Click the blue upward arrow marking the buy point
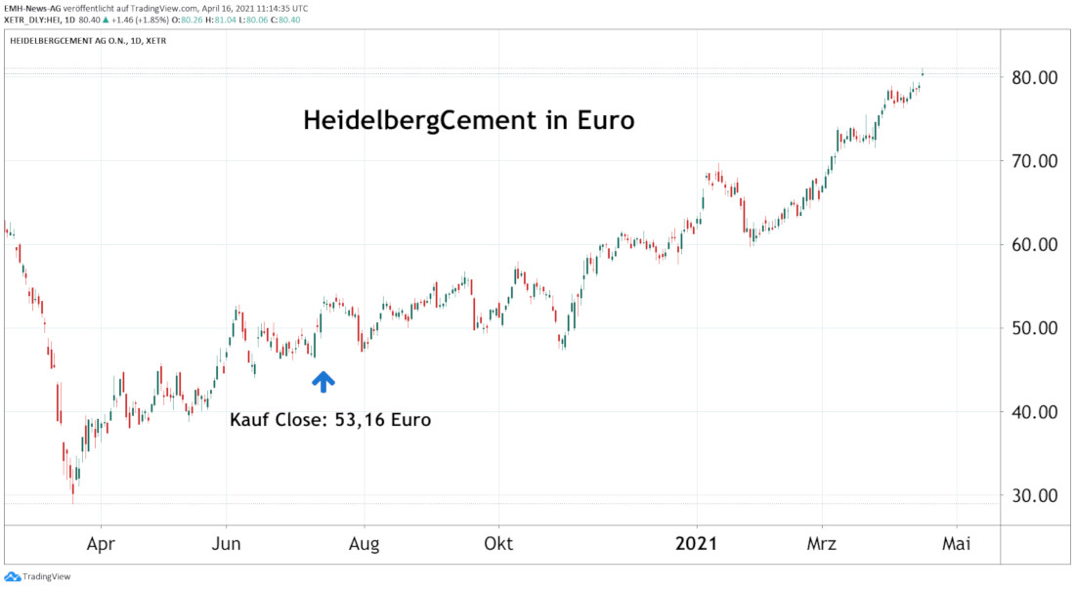click(x=323, y=382)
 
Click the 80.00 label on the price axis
click(x=1036, y=78)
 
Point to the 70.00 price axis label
click(x=1036, y=161)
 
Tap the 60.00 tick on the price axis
click(x=1036, y=245)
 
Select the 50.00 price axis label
click(x=1036, y=328)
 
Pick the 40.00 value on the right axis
click(x=1036, y=412)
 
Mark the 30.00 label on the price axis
click(x=1036, y=495)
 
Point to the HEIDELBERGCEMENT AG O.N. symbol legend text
click(x=74, y=41)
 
